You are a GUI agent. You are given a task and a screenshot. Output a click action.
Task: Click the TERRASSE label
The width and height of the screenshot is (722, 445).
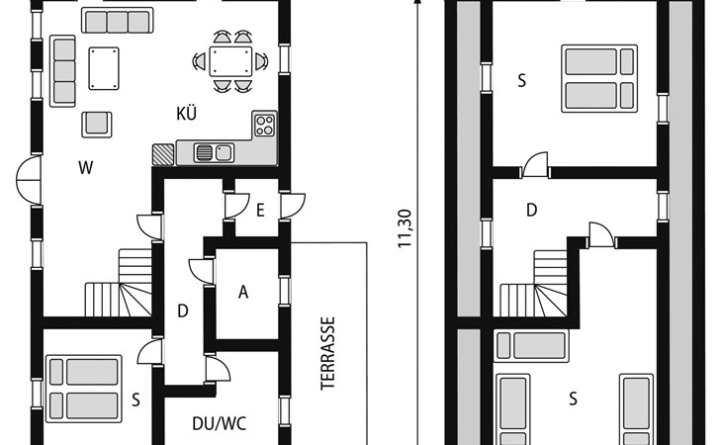pyautogui.click(x=327, y=353)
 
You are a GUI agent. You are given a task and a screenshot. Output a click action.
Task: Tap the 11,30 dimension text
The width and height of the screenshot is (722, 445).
pyautogui.click(x=405, y=228)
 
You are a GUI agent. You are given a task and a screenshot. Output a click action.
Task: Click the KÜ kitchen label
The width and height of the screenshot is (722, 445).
pyautogui.click(x=187, y=113)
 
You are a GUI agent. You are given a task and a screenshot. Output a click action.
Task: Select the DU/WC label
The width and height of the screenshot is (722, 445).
pyautogui.click(x=220, y=423)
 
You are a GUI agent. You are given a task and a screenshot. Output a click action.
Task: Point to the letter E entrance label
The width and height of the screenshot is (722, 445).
pyautogui.click(x=260, y=211)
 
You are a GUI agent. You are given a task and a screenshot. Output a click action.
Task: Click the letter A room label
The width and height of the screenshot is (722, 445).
pyautogui.click(x=243, y=292)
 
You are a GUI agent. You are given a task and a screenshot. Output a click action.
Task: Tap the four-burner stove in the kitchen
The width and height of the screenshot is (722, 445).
pyautogui.click(x=265, y=126)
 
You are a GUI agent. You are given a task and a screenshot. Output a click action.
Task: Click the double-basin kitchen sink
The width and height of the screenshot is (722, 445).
pyautogui.click(x=214, y=152)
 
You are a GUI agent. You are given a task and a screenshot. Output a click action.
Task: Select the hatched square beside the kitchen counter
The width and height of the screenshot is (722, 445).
pyautogui.click(x=163, y=154)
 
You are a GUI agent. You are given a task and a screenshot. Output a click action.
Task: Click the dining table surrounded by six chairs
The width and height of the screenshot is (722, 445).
pyautogui.click(x=230, y=61)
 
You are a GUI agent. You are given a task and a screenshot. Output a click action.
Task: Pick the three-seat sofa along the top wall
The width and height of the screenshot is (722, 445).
pyautogui.click(x=118, y=21)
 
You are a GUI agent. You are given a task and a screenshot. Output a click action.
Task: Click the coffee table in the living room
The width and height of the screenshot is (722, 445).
pyautogui.click(x=104, y=68)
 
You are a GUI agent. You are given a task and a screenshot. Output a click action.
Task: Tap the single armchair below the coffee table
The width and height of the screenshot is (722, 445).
pyautogui.click(x=97, y=125)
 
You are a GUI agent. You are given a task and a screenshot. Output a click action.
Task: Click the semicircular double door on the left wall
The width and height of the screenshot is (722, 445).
pyautogui.click(x=29, y=180)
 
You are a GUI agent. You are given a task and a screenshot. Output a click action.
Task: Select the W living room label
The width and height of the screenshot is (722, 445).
pyautogui.click(x=86, y=167)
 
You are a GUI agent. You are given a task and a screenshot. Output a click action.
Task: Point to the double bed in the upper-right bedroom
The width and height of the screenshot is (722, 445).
pyautogui.click(x=599, y=78)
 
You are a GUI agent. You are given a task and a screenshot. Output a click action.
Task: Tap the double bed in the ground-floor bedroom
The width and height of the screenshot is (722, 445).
pyautogui.click(x=83, y=389)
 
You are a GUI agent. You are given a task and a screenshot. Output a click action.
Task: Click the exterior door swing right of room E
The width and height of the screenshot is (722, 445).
pyautogui.click(x=293, y=206)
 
